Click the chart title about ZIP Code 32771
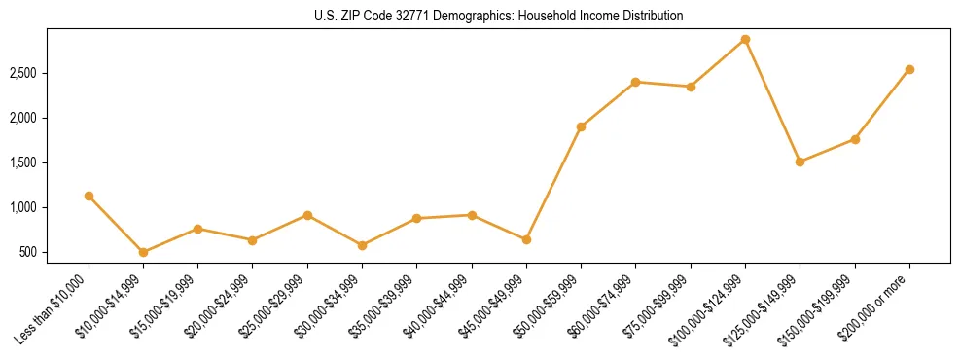click(x=499, y=16)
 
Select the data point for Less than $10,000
click(x=89, y=196)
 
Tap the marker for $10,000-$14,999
click(x=143, y=252)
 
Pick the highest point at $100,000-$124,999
click(x=745, y=39)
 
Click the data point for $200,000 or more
click(x=909, y=69)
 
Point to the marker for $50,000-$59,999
click(x=581, y=126)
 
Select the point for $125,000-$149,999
click(x=800, y=162)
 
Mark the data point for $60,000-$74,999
click(x=635, y=82)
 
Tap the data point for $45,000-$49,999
click(x=526, y=239)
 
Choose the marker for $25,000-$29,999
click(x=307, y=215)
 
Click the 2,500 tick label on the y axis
click(x=23, y=74)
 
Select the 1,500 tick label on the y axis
click(x=23, y=163)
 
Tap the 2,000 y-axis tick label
click(x=23, y=119)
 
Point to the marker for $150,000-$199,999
click(x=855, y=139)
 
